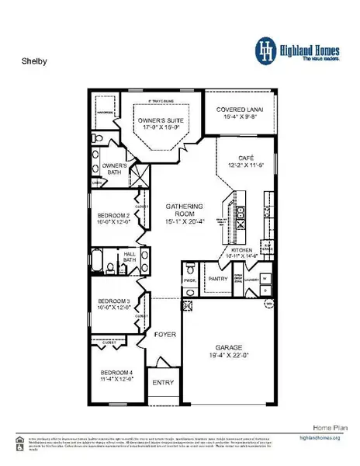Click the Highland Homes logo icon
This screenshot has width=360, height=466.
[x=266, y=49]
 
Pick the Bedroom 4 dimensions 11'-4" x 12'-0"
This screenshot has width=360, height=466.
[x=114, y=380]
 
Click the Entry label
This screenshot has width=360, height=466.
[x=164, y=382]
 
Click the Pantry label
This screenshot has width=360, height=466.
[x=216, y=277]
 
